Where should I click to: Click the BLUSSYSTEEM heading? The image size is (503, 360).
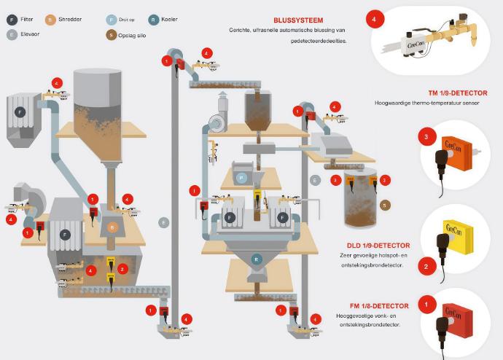pyautogui.click(x=298, y=20)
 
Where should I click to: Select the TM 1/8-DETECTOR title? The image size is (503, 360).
pyautogui.click(x=458, y=93)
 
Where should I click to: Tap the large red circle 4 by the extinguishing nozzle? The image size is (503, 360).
pyautogui.click(x=376, y=20)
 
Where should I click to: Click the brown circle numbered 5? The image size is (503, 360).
pyautogui.click(x=386, y=205)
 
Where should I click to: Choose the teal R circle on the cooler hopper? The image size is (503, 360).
pyautogui.click(x=257, y=259)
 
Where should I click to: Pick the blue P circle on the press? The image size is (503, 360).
pyautogui.click(x=240, y=177)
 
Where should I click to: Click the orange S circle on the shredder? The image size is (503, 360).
pyautogui.click(x=112, y=227)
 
